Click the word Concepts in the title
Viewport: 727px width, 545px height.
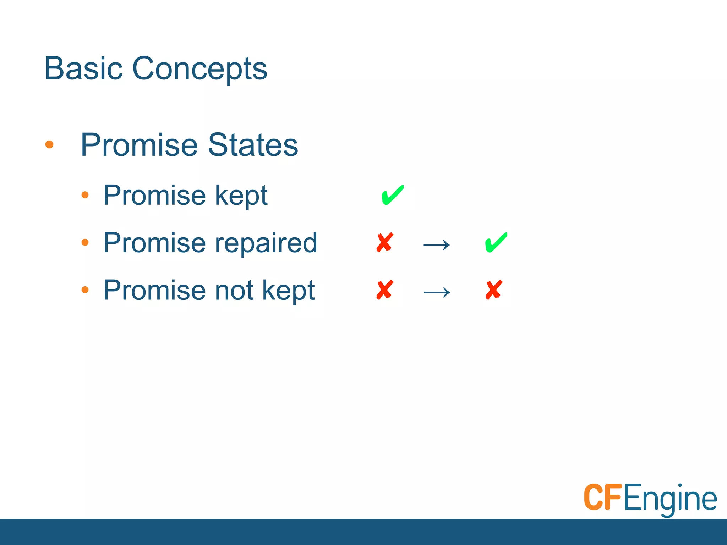coord(199,68)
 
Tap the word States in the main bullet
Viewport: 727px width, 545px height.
coord(253,145)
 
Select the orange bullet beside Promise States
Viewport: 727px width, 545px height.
coord(49,144)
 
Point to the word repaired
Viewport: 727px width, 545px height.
coord(266,243)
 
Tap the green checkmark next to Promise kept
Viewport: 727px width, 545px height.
coord(392,195)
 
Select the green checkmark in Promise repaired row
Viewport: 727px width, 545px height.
coord(496,243)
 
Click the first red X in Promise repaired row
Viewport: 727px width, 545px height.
coord(385,243)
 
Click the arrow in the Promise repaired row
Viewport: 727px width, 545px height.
coord(437,245)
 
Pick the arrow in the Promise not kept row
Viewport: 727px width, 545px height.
coord(437,292)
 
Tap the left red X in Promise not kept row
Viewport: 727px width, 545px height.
coord(385,290)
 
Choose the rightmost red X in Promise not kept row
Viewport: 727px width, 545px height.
coord(494,290)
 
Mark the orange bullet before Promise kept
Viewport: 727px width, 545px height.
coord(85,195)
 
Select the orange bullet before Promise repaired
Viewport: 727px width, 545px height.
coord(85,242)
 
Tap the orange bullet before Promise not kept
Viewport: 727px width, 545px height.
coord(85,290)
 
